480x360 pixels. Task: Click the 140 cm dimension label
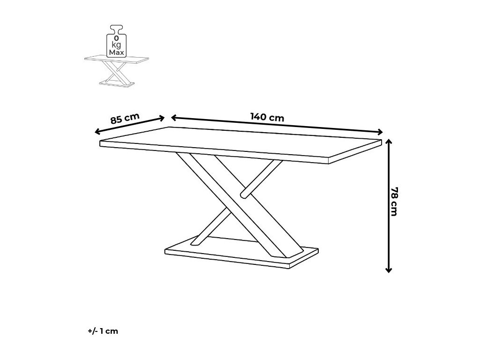(267, 117)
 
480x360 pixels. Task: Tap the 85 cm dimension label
(125, 118)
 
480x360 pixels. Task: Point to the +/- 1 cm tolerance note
(103, 331)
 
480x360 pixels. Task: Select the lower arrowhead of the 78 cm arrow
(388, 270)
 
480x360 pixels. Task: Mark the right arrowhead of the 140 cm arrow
(380, 132)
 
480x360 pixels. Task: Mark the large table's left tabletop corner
(101, 142)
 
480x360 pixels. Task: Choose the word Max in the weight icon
(116, 52)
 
